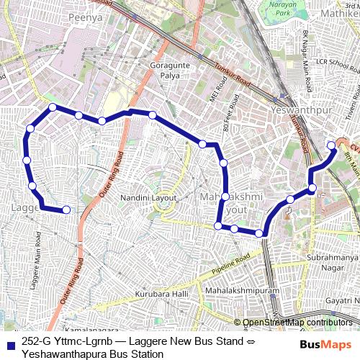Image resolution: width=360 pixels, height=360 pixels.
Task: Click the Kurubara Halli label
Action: point(161,294)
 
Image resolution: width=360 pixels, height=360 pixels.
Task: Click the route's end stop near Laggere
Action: point(66,210)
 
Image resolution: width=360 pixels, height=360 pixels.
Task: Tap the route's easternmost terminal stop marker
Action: point(332,145)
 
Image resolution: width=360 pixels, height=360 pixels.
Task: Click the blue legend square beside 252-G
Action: point(9,343)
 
